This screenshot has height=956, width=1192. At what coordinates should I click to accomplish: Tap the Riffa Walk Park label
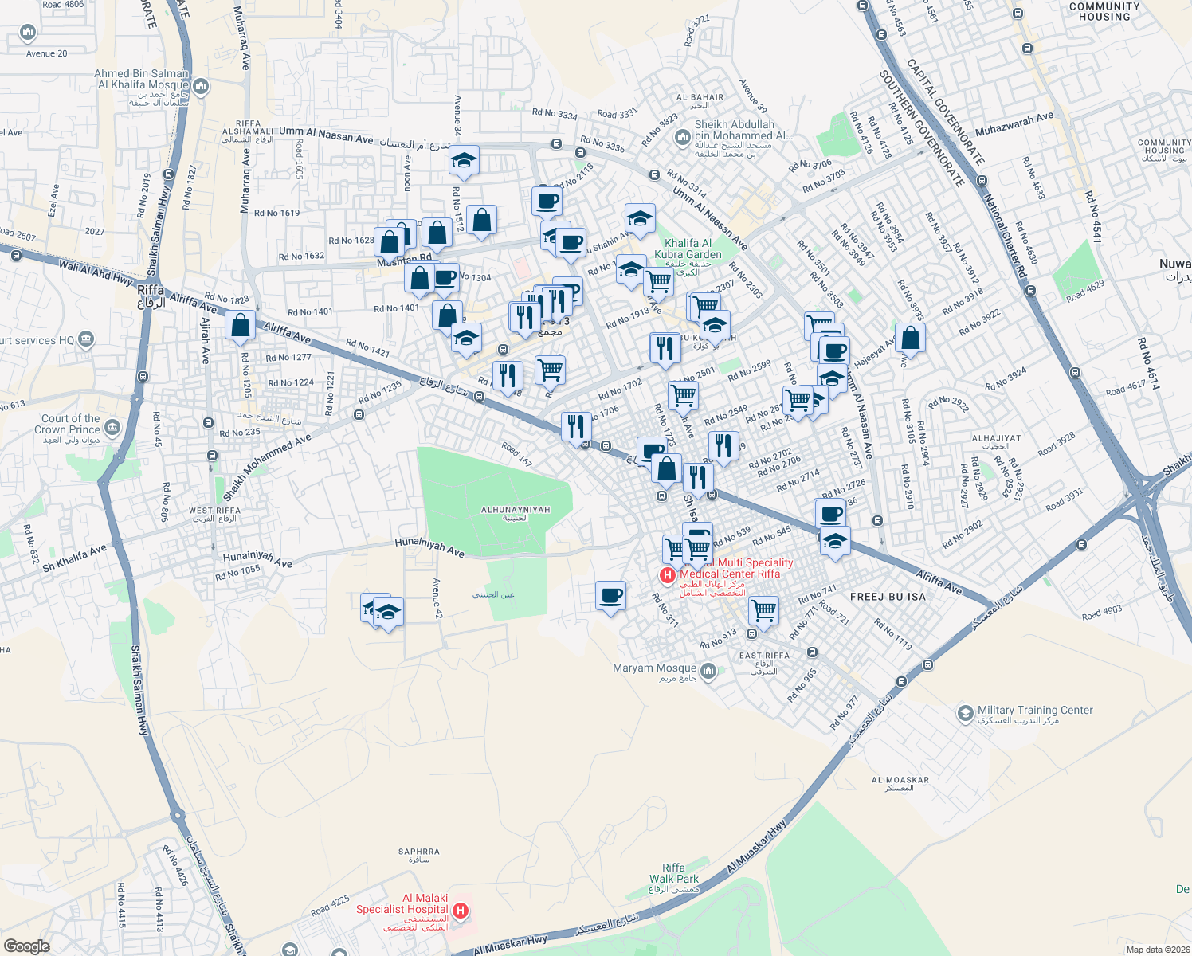673,873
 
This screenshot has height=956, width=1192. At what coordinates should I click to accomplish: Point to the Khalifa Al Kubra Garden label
688,249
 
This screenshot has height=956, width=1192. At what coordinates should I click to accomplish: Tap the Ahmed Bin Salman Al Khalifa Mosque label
143,79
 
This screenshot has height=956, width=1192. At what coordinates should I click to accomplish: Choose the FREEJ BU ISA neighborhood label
888,597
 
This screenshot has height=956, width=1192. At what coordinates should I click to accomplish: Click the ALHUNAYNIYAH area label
516,510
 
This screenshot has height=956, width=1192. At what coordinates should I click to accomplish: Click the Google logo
26,946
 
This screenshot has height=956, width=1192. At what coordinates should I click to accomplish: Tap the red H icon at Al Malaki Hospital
460,910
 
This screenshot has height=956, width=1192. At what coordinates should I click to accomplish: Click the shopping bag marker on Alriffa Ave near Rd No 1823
240,325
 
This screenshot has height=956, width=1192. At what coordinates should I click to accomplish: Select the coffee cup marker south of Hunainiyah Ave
610,595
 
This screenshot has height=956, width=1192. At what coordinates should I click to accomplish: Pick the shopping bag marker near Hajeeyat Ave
910,338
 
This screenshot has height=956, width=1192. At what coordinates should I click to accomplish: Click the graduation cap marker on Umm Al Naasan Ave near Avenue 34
464,160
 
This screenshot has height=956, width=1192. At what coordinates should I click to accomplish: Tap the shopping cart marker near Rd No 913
763,611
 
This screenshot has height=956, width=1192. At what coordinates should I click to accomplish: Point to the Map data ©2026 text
1156,949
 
